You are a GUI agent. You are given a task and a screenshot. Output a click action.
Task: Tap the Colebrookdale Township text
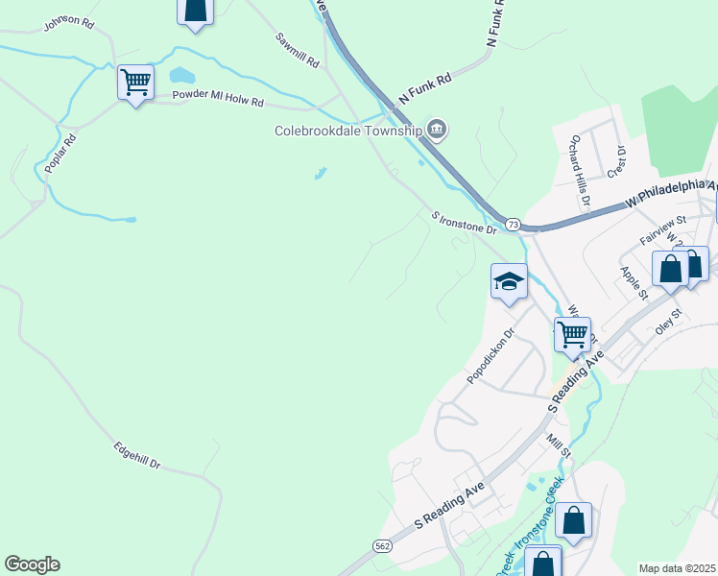(x=348, y=131)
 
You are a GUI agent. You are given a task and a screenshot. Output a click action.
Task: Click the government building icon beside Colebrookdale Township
(x=437, y=129)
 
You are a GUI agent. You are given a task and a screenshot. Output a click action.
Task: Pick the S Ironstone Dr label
(x=465, y=224)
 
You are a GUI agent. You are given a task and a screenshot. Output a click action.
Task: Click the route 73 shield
(x=514, y=224)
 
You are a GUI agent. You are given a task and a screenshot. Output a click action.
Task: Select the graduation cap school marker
(x=509, y=282)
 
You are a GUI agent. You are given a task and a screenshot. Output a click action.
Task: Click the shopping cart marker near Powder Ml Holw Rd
(x=135, y=82)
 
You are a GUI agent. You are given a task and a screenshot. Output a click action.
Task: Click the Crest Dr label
(x=616, y=161)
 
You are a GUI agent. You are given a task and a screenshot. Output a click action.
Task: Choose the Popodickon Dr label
(x=491, y=357)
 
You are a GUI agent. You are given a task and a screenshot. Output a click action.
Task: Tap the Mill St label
(x=559, y=445)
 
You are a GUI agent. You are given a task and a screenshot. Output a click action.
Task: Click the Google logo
(x=32, y=564)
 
